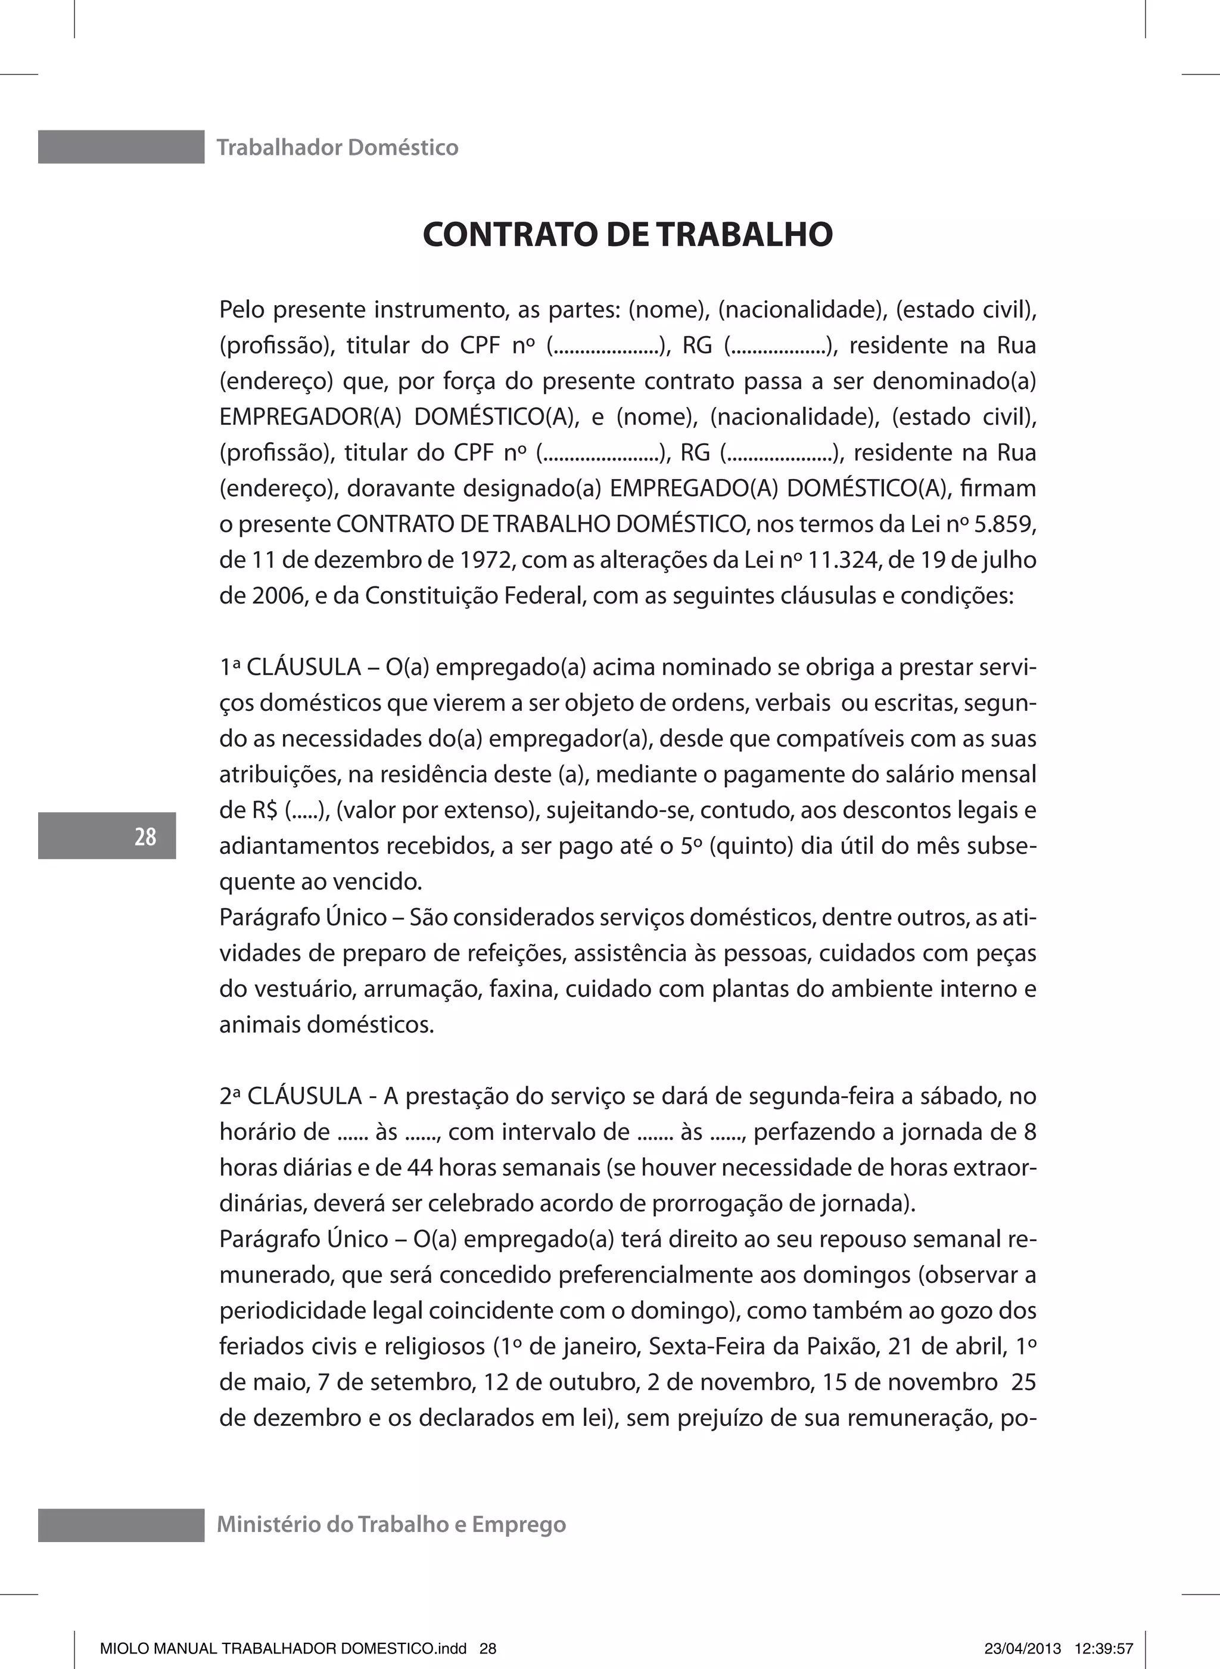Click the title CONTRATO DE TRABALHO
pyautogui.click(x=628, y=234)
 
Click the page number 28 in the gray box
pyautogui.click(x=145, y=836)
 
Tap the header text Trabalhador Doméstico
pyautogui.click(x=338, y=148)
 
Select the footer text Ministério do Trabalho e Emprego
pyautogui.click(x=391, y=1524)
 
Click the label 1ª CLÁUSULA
pyautogui.click(x=290, y=667)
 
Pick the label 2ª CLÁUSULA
pyautogui.click(x=290, y=1096)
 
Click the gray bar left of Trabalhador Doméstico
pyautogui.click(x=121, y=147)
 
